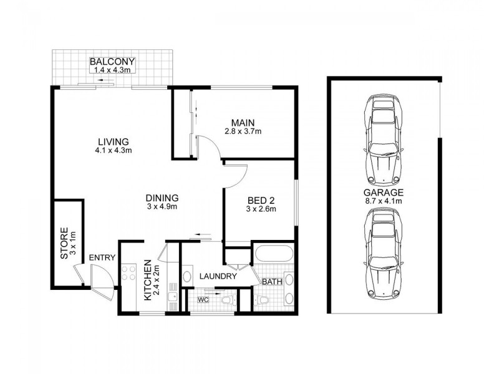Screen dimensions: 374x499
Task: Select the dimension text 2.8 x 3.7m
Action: coord(243,131)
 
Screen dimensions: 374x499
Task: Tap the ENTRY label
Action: coord(101,257)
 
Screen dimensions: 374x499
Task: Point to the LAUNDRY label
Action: coord(218,276)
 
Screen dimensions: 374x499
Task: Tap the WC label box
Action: coord(203,300)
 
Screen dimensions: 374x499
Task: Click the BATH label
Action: coord(272,282)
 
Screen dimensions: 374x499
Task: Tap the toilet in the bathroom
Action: coord(265,301)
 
